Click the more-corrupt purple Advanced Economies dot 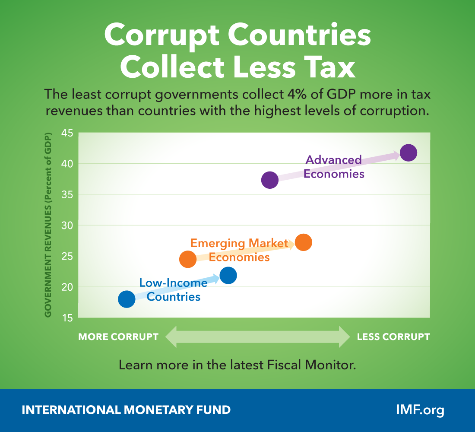(270, 180)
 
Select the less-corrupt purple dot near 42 (408, 152)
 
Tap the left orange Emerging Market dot (188, 259)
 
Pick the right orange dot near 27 (304, 242)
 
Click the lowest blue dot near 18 (127, 299)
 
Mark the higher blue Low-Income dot (228, 275)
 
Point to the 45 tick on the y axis (70, 133)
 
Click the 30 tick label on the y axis (70, 226)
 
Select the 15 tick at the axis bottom (70, 318)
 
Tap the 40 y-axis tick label (70, 164)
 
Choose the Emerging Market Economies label (239, 250)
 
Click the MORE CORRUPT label (118, 337)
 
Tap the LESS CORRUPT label (393, 337)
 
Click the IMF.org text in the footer (420, 410)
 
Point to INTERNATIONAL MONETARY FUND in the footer (126, 410)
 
